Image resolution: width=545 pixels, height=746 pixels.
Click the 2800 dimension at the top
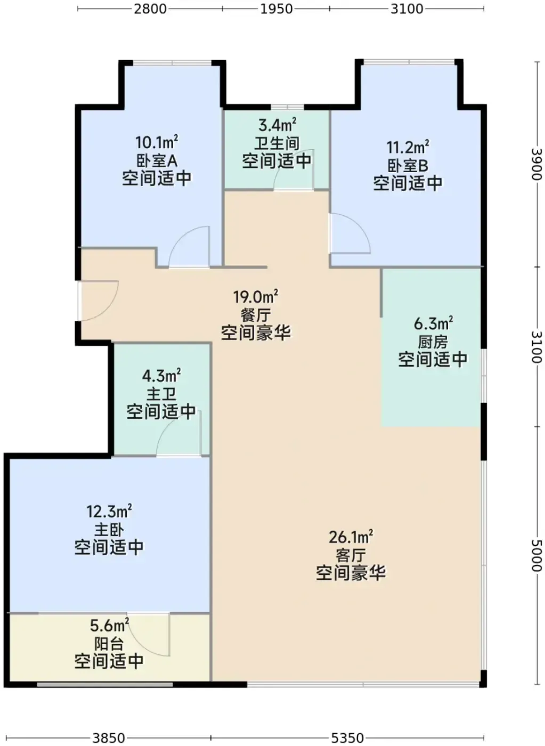click(150, 9)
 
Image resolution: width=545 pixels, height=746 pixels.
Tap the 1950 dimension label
click(276, 9)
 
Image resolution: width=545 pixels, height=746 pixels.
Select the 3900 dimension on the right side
click(536, 164)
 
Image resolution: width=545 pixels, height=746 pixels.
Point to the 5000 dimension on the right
click(536, 555)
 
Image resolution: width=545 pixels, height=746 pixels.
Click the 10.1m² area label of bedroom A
click(157, 142)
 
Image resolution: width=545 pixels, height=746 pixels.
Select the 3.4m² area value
click(278, 125)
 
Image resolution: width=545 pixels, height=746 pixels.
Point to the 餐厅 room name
click(255, 315)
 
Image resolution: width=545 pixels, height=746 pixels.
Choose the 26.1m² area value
click(351, 537)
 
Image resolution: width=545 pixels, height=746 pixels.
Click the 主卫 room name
click(161, 394)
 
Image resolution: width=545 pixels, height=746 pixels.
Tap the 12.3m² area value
click(109, 511)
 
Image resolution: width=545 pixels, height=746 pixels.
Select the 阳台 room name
click(109, 644)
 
